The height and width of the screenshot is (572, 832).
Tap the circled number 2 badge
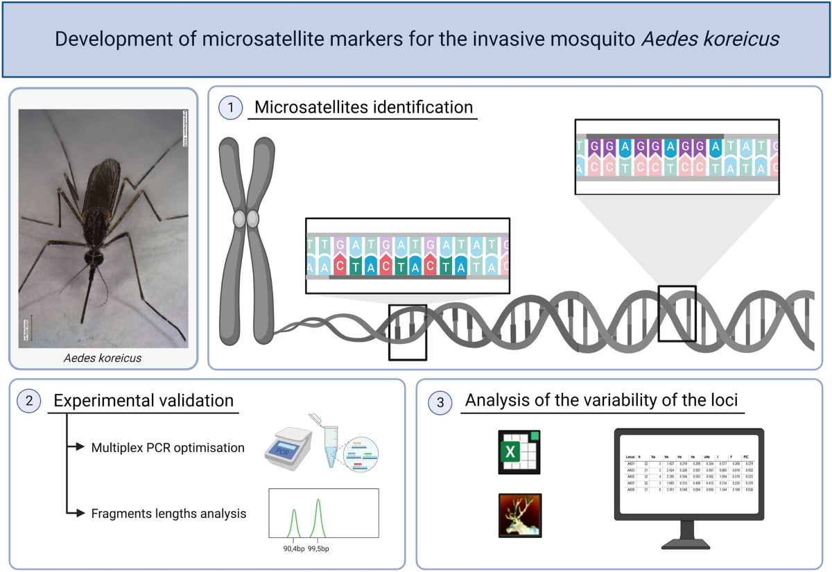pos(28,401)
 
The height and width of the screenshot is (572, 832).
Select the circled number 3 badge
pos(441,401)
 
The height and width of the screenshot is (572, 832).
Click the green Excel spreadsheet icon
pos(519,452)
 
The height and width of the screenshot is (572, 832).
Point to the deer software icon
pos(519,515)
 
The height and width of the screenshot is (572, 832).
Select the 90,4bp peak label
pos(293,548)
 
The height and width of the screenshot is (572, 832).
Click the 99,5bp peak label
pos(319,548)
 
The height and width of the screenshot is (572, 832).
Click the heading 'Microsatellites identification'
pos(363,108)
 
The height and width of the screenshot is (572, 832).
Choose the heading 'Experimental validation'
pos(144,401)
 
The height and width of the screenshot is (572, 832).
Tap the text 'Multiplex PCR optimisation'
pos(168,448)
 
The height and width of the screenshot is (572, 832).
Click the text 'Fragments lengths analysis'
pos(169,514)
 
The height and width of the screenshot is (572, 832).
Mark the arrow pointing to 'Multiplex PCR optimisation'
pos(76,448)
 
